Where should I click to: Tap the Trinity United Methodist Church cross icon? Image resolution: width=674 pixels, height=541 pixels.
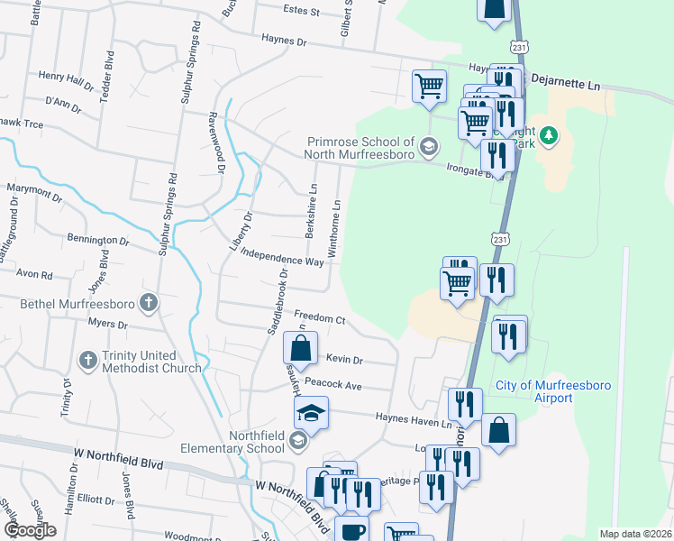click(87, 361)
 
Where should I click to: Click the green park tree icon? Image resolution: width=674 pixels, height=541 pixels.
click(549, 136)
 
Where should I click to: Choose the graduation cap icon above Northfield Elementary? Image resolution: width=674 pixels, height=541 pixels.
click(310, 414)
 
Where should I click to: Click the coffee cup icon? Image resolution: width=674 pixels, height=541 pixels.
click(351, 530)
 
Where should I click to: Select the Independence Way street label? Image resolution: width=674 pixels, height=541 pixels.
click(282, 258)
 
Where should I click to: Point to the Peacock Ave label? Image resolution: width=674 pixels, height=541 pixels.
click(332, 384)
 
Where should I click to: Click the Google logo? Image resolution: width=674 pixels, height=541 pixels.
click(31, 530)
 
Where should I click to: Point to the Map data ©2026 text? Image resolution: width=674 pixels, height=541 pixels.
click(635, 534)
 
